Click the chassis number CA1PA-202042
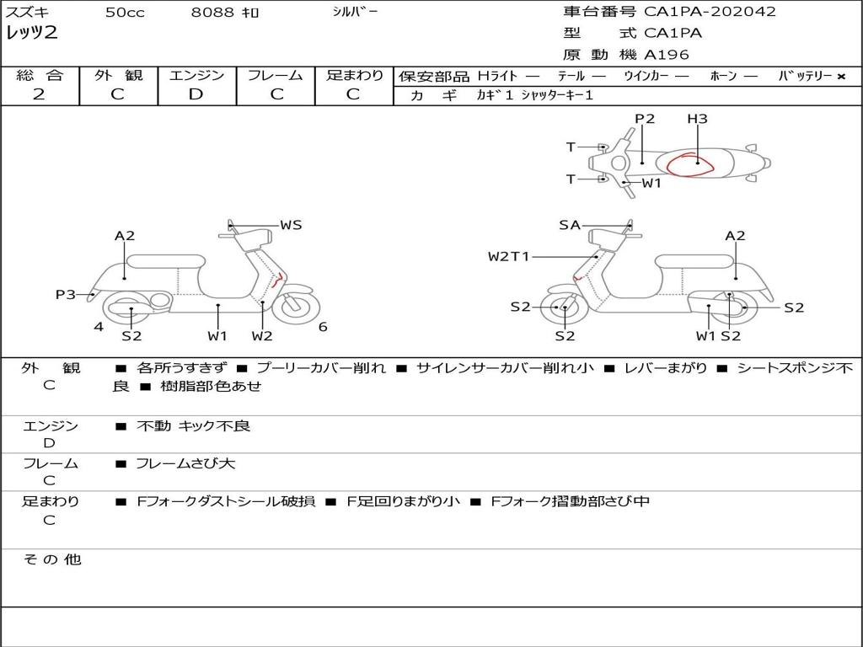click(710, 12)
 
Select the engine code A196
click(666, 55)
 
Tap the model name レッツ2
click(31, 33)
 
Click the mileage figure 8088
click(212, 12)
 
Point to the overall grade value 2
click(39, 94)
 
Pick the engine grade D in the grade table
click(196, 94)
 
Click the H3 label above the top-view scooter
click(697, 118)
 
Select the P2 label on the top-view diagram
click(645, 118)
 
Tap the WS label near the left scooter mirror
click(291, 224)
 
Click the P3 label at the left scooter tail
click(66, 294)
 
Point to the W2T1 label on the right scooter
click(508, 256)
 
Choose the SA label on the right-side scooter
click(570, 225)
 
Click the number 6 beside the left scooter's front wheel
click(323, 327)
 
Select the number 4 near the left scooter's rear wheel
click(99, 327)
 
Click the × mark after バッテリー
click(841, 77)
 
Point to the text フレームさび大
click(185, 464)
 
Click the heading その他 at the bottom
click(52, 559)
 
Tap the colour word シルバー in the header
click(355, 12)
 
